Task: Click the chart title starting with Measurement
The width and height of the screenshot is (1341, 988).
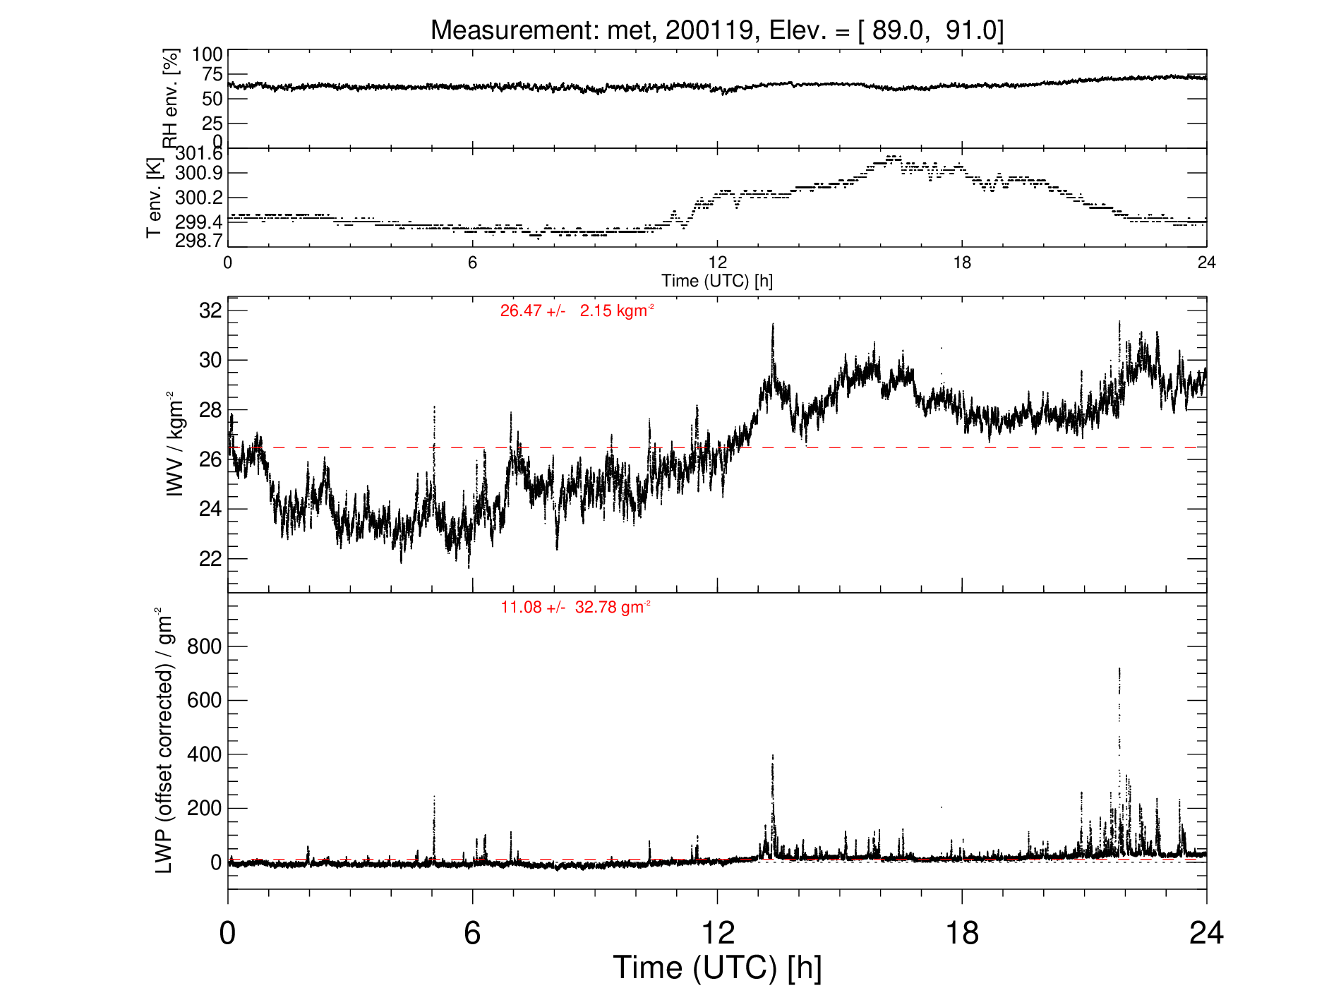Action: tap(717, 30)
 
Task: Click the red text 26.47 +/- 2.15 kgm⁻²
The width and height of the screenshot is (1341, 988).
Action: tap(577, 311)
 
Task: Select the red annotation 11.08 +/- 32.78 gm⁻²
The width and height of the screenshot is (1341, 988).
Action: tap(576, 607)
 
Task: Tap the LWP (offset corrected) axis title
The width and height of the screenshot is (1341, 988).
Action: tap(164, 740)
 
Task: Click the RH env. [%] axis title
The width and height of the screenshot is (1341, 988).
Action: tap(171, 97)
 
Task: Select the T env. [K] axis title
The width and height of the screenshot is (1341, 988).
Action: tap(155, 198)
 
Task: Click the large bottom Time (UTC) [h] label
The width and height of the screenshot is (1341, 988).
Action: tap(717, 968)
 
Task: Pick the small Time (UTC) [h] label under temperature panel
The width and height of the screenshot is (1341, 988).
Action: tap(717, 281)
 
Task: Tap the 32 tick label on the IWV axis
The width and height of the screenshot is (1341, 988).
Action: tap(210, 310)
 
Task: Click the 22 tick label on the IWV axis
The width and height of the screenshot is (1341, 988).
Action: tap(210, 558)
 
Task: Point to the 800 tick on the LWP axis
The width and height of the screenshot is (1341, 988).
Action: tap(204, 646)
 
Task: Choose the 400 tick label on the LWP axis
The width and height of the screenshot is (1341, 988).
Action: tap(204, 754)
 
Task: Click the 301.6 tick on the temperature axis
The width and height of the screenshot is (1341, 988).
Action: tap(199, 154)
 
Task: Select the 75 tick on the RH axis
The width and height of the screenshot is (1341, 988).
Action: tap(212, 74)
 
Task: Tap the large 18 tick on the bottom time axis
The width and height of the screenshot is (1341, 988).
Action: tap(962, 933)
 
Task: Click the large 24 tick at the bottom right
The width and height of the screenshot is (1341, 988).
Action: tap(1206, 933)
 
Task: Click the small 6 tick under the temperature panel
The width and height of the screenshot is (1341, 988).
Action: tap(472, 263)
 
